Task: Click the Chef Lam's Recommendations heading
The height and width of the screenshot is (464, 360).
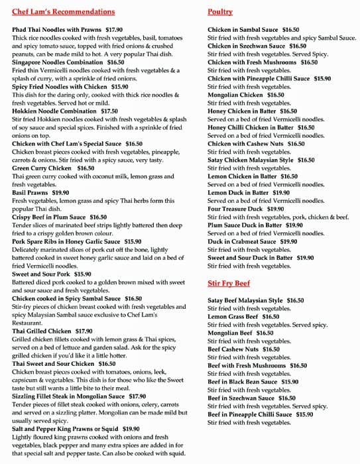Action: click(63, 12)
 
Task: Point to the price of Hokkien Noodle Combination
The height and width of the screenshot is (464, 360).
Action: click(109, 111)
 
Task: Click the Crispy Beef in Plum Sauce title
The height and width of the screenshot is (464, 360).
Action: click(50, 217)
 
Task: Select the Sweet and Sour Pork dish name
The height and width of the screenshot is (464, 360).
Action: click(42, 274)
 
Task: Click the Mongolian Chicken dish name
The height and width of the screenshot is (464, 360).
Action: click(237, 95)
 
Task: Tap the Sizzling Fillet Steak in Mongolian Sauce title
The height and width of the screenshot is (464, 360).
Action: click(70, 396)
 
